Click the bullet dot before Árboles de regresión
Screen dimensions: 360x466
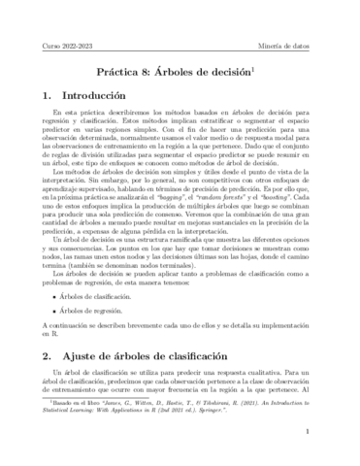[62, 309]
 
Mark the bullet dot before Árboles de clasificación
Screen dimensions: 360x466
[62, 293]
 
